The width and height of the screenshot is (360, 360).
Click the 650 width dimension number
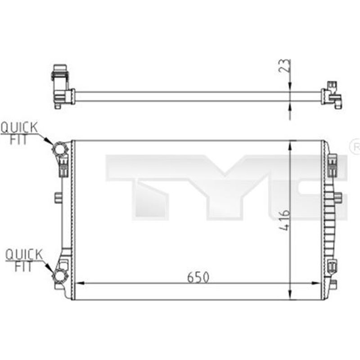pos(198,278)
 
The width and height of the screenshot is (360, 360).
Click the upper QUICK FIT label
pos(19,133)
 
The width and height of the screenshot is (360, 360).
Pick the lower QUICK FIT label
pos(23,261)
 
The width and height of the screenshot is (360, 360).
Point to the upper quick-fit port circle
pos(59,149)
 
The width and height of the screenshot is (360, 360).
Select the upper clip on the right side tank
pos(333,165)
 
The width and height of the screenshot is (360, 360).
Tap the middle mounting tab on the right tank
pos(338,197)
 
